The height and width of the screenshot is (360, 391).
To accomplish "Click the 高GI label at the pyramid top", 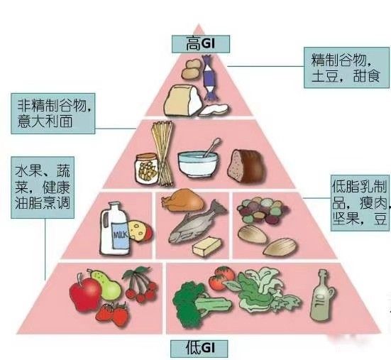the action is [x=201, y=44].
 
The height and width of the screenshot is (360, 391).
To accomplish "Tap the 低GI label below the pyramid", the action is [x=199, y=349].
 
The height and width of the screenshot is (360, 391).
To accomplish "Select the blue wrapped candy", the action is [x=210, y=77].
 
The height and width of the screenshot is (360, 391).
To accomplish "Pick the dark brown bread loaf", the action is [x=246, y=165].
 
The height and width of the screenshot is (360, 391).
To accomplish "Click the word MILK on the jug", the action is [x=121, y=235].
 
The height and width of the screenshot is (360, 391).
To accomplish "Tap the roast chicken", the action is [x=183, y=200].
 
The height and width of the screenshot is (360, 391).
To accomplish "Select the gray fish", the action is [x=197, y=222].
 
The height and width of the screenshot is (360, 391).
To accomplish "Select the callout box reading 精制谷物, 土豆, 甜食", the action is [x=346, y=67].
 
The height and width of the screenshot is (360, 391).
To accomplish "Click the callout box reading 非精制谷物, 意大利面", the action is [x=53, y=114].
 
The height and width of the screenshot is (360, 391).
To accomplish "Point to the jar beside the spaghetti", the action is [x=147, y=169].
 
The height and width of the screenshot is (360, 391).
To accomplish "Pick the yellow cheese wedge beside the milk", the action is [x=140, y=231].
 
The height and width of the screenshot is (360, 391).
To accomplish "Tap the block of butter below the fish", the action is [x=206, y=246].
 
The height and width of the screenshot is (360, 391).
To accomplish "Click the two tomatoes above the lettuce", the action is [x=221, y=278].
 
